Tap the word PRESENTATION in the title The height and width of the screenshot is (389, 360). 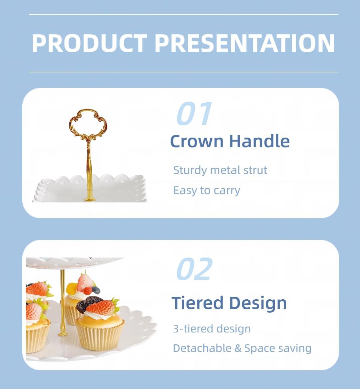(x=245, y=43)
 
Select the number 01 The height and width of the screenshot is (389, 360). (x=194, y=114)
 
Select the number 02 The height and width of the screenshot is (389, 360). (x=194, y=269)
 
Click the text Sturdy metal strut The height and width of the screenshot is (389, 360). (x=220, y=170)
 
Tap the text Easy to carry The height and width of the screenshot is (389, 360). (x=207, y=190)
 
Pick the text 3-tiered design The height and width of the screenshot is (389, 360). (x=212, y=328)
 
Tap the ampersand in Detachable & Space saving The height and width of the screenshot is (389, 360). (x=239, y=349)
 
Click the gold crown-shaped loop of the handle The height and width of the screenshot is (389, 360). (x=88, y=122)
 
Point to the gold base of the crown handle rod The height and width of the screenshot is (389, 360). (x=90, y=199)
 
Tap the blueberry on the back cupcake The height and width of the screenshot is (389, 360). (x=96, y=290)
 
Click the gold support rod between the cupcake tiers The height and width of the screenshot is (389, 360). (x=63, y=303)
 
